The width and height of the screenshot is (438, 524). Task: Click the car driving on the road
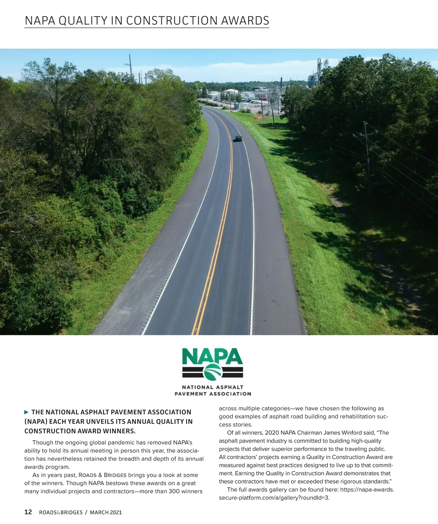[238, 139]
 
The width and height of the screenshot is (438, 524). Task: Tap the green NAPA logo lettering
[212, 356]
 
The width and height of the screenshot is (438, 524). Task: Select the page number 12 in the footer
[28, 512]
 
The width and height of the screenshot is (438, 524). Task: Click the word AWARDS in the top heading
[245, 21]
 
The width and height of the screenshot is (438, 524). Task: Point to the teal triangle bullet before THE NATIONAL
[26, 412]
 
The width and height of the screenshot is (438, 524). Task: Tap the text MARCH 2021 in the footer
[106, 512]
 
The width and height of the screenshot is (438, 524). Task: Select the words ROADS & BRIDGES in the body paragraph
[103, 475]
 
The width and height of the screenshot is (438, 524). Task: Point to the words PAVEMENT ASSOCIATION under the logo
[213, 394]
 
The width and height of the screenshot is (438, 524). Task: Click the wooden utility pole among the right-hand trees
[367, 154]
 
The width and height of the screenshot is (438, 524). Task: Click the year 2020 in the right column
[272, 433]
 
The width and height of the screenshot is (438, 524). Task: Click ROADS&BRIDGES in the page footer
[61, 512]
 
